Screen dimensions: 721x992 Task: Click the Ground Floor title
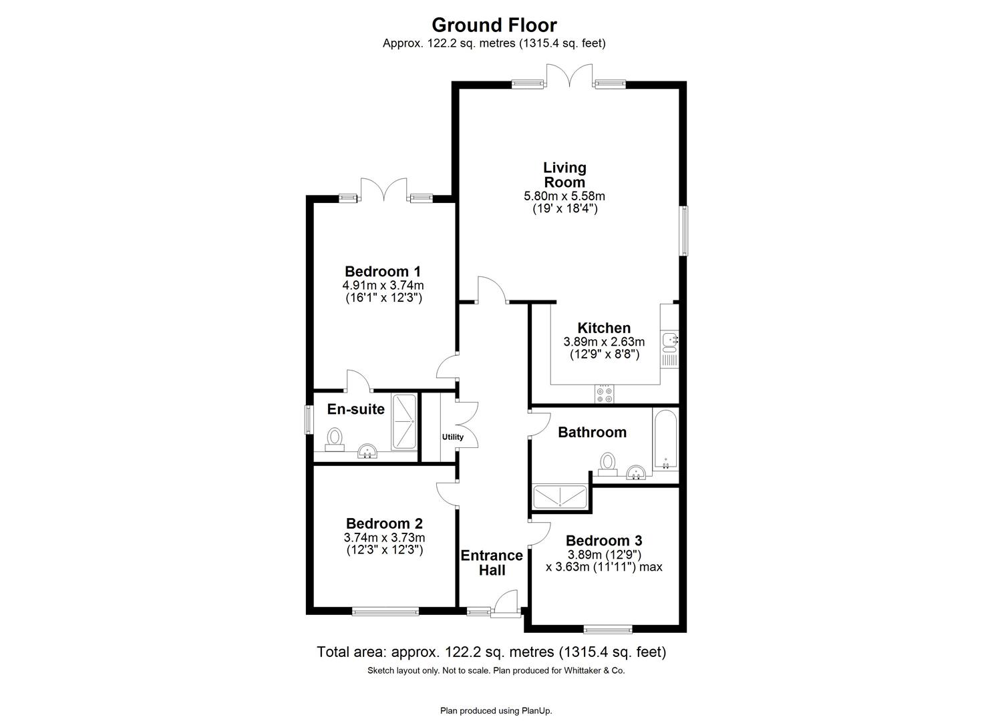pos(494,25)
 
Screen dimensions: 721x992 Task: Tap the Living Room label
pos(564,175)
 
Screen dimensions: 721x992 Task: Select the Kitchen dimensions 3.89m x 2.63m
pos(604,342)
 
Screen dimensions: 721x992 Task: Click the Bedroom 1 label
pos(383,272)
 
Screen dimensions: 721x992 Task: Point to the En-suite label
pos(355,409)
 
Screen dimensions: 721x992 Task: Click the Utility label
pos(452,437)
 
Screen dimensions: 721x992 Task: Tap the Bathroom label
pos(592,433)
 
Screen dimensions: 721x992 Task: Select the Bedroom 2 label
pos(384,524)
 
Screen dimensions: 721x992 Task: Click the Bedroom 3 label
pos(604,541)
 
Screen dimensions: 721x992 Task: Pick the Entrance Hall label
pos(492,563)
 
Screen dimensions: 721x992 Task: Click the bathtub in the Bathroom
pos(665,440)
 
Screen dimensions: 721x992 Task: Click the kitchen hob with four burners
pos(605,394)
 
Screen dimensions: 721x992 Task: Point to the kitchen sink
pos(669,341)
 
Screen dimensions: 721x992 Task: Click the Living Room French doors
pos(568,75)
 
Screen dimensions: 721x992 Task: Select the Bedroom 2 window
pos(385,610)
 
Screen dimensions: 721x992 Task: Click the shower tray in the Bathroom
pos(560,497)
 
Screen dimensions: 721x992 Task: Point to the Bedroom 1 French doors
pos(383,190)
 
